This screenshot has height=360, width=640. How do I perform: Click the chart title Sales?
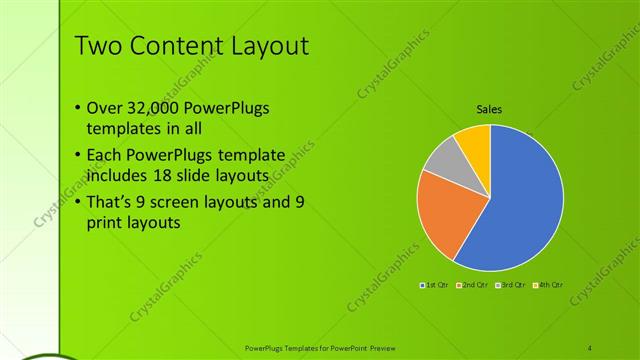pyautogui.click(x=489, y=109)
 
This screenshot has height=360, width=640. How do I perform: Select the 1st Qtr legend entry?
pyautogui.click(x=435, y=286)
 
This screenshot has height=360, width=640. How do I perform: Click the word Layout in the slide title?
pyautogui.click(x=263, y=47)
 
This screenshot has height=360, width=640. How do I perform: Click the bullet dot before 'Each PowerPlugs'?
pyautogui.click(x=78, y=156)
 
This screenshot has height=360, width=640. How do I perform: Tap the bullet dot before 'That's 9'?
pyautogui.click(x=78, y=202)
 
